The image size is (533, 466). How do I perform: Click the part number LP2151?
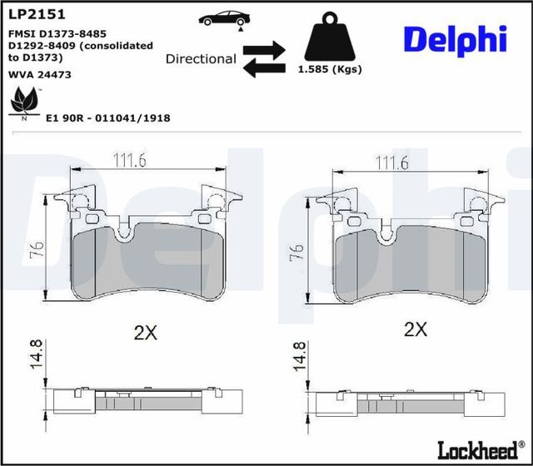click(37, 14)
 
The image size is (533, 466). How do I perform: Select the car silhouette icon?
click(224, 18)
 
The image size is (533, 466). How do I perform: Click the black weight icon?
click(329, 39)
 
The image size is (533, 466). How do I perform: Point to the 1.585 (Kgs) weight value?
click(329, 70)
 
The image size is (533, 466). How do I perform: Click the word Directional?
click(201, 59)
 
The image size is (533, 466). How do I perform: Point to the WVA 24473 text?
click(39, 74)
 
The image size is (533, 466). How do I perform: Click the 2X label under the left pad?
click(146, 333)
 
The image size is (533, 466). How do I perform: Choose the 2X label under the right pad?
click(415, 329)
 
